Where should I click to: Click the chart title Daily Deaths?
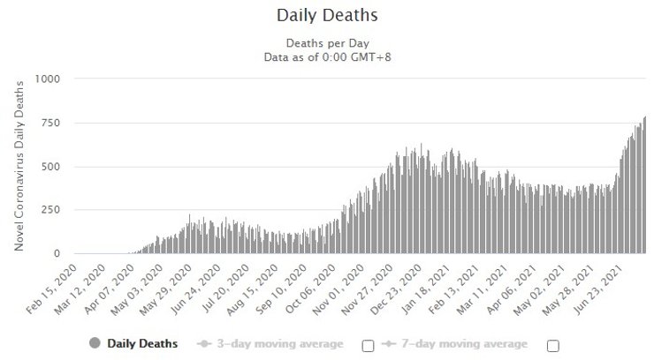327,16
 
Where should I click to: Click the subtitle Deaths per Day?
327,43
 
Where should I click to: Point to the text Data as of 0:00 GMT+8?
327,56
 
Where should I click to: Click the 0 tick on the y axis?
55,254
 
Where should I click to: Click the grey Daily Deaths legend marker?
95,343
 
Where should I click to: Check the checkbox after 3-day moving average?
369,345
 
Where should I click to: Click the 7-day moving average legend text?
476,343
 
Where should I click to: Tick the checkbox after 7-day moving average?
553,345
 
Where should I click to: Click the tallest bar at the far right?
644,185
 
